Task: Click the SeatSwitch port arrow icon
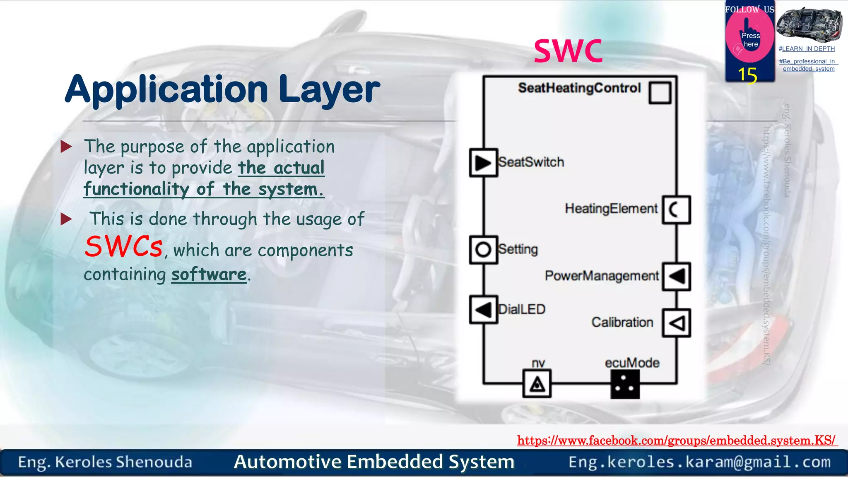[x=483, y=163]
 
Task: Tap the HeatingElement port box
[x=676, y=210]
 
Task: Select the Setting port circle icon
[x=483, y=250]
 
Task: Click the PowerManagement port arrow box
[x=676, y=276]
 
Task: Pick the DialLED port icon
[x=483, y=310]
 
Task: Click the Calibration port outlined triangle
[x=676, y=323]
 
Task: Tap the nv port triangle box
[x=537, y=384]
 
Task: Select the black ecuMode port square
[x=625, y=384]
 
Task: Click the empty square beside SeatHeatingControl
[x=660, y=93]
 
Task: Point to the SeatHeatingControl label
[x=579, y=88]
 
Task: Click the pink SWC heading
[x=568, y=51]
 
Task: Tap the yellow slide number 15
[x=747, y=75]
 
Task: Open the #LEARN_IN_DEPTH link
[x=807, y=49]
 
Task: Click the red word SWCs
[x=123, y=247]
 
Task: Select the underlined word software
[x=209, y=275]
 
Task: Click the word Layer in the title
[x=329, y=89]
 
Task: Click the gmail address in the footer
[x=699, y=462]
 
